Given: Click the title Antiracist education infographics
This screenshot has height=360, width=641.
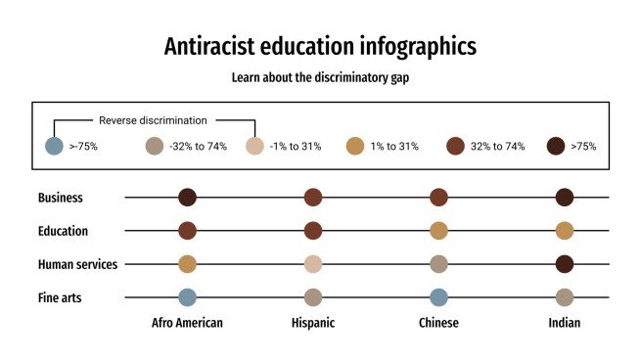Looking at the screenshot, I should (320, 46).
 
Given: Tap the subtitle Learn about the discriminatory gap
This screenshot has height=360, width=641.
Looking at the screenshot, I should (320, 77).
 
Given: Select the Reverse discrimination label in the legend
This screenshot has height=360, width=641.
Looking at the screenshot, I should (153, 121).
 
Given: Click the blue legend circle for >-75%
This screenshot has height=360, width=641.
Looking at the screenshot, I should (55, 147).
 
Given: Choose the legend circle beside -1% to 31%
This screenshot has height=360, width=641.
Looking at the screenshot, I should (254, 147).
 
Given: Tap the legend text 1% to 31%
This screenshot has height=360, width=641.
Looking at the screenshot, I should (395, 147).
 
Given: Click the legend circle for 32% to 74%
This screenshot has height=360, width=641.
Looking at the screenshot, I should (455, 147).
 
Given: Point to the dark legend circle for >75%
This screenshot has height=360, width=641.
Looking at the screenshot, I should (556, 147).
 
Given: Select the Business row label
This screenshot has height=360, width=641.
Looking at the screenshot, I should (61, 198).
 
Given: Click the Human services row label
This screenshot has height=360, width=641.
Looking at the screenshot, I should (77, 264).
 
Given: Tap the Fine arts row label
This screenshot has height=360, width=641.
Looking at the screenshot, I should (61, 297).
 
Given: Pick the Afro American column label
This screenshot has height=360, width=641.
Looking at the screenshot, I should (187, 323).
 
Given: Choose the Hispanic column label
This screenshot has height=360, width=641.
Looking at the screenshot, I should (313, 323).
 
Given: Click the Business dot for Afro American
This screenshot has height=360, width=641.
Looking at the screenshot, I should (188, 198).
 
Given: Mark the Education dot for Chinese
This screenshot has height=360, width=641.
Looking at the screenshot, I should (438, 231).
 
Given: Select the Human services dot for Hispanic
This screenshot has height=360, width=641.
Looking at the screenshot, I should (313, 264).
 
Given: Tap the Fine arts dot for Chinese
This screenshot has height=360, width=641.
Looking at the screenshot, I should (438, 297).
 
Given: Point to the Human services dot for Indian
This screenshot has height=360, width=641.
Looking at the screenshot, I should (565, 264).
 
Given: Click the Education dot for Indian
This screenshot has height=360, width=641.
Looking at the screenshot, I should (565, 231).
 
